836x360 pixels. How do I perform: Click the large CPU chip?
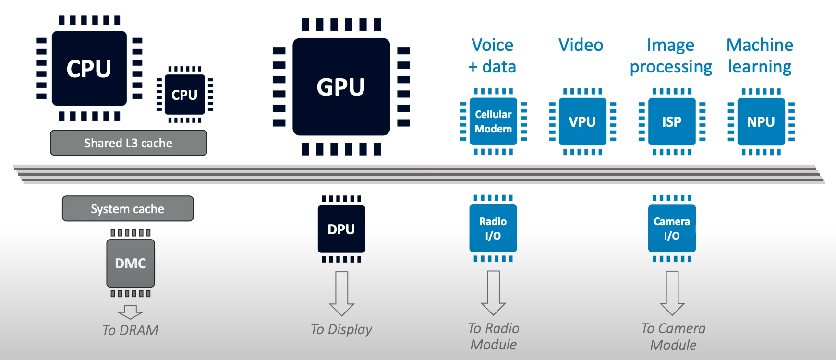(x=89, y=68)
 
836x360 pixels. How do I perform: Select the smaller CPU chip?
(x=184, y=95)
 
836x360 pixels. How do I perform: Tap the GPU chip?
(x=341, y=87)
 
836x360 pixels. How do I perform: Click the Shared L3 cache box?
(x=128, y=143)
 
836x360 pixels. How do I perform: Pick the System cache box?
(x=128, y=209)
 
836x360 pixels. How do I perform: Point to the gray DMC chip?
(x=131, y=263)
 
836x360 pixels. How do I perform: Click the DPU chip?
(x=341, y=229)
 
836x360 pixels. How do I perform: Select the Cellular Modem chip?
(x=493, y=121)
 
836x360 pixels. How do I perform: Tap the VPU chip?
(x=582, y=121)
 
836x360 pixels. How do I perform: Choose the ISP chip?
(x=672, y=121)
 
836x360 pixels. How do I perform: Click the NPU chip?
(x=761, y=121)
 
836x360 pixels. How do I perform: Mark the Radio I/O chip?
(x=493, y=228)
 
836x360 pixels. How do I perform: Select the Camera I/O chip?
(x=672, y=228)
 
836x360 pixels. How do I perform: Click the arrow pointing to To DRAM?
(x=130, y=312)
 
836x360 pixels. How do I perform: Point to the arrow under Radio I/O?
(x=493, y=293)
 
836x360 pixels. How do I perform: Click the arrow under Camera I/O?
(x=672, y=293)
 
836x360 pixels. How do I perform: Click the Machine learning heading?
(x=760, y=56)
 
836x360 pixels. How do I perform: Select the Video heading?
(x=581, y=45)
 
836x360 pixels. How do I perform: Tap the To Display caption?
(x=341, y=329)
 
